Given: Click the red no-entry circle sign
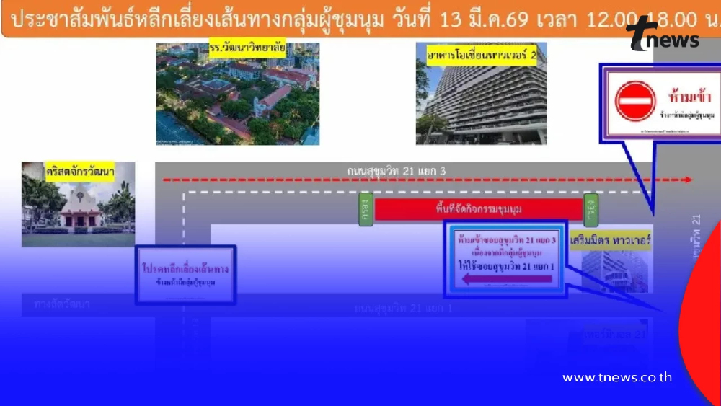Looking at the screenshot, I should pyautogui.click(x=635, y=101).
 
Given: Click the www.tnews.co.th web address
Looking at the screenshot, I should pyautogui.click(x=617, y=377).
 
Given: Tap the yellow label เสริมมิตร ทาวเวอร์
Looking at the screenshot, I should pyautogui.click(x=610, y=239).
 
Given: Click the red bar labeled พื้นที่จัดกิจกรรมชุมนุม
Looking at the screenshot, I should pyautogui.click(x=478, y=209).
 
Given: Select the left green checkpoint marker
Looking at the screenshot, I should pyautogui.click(x=366, y=209).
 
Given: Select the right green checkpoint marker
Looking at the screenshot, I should pyautogui.click(x=591, y=209).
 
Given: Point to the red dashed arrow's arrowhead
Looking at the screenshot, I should pyautogui.click(x=688, y=180).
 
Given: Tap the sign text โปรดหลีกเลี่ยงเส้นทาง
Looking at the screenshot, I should pyautogui.click(x=186, y=268).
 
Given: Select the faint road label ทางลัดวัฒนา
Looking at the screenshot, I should pyautogui.click(x=61, y=304).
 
